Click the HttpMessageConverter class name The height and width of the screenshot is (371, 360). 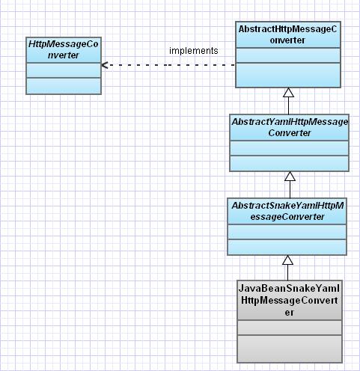(64, 49)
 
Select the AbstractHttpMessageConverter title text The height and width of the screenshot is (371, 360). (287, 34)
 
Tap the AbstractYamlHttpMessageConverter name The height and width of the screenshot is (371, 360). (290, 127)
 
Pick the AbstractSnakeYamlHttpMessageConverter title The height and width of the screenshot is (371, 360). (287, 211)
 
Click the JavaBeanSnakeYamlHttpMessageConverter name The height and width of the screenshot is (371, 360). (290, 301)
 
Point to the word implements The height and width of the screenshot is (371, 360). (194, 51)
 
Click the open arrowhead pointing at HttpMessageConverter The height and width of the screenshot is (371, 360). (105, 65)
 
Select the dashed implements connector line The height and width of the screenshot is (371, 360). (168, 65)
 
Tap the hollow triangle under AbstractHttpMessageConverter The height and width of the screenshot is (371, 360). (288, 93)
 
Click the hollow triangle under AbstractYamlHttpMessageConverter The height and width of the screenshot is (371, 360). (290, 177)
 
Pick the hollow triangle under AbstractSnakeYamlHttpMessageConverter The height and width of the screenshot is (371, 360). (287, 260)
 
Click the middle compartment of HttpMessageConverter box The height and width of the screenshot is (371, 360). (64, 70)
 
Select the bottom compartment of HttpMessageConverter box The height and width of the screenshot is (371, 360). (64, 86)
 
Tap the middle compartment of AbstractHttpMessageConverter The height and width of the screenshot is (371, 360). (288, 55)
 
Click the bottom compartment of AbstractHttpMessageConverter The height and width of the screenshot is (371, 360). (288, 75)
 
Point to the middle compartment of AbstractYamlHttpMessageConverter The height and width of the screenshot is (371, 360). (289, 148)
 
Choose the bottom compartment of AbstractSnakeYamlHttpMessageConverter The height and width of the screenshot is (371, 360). (287, 247)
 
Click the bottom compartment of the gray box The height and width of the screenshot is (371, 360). (290, 349)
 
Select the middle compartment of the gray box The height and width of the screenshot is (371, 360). (290, 328)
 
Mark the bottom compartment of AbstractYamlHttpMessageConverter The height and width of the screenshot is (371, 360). (289, 163)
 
